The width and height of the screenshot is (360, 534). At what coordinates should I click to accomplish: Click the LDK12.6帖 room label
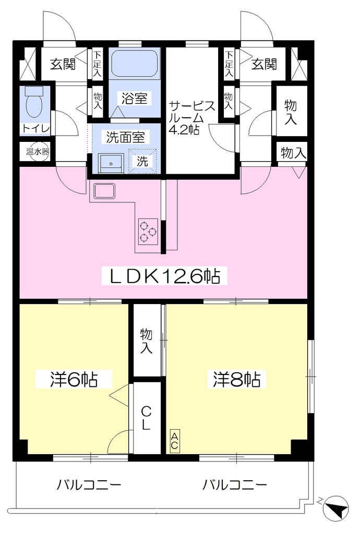(164, 276)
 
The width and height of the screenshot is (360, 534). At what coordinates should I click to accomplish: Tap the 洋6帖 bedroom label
(74, 379)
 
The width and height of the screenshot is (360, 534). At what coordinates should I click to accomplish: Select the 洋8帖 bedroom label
(237, 379)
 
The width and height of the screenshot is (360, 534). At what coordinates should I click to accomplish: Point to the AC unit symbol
(174, 441)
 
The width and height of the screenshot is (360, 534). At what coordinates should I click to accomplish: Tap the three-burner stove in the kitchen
(148, 231)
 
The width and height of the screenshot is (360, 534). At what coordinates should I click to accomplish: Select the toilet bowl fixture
(33, 101)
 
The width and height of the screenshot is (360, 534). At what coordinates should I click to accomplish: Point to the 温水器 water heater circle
(38, 151)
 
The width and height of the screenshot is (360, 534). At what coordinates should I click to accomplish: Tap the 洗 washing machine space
(142, 161)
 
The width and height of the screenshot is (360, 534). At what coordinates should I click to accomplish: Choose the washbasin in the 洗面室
(111, 163)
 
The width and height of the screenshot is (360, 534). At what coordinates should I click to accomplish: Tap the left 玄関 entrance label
(63, 64)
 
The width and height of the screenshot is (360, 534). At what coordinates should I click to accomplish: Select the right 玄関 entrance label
(265, 64)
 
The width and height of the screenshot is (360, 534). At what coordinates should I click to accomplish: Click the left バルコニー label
(89, 484)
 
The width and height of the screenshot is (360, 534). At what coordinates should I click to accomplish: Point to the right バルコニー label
(235, 484)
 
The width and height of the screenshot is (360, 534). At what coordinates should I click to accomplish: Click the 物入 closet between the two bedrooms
(146, 341)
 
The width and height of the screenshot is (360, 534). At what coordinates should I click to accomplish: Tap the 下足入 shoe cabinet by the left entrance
(98, 64)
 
